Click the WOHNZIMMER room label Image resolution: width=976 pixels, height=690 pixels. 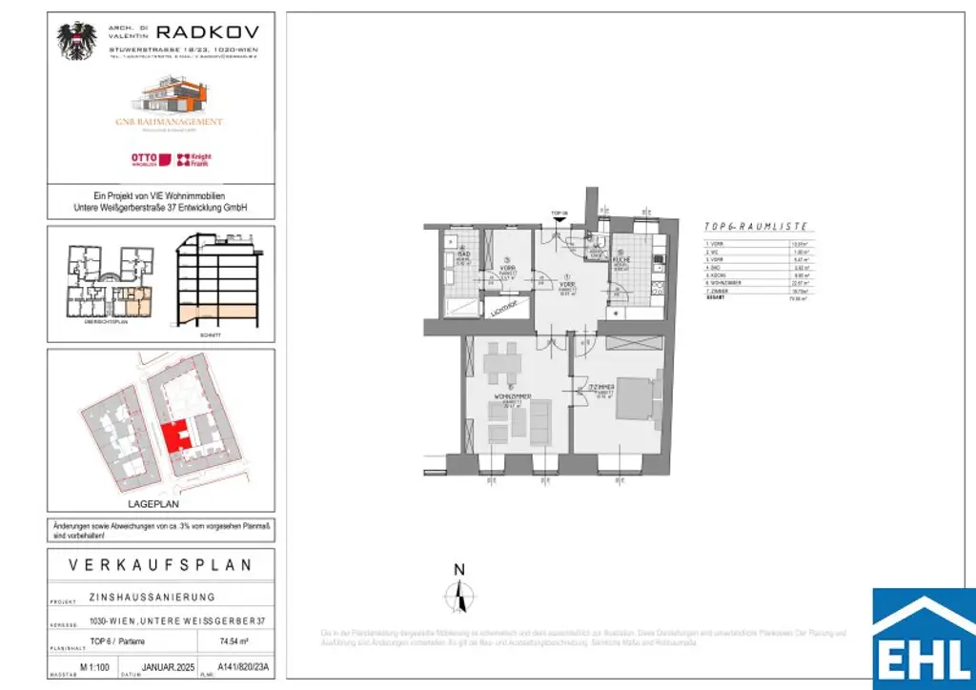pos(513,396)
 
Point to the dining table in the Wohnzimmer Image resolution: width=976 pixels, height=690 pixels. pos(501,363)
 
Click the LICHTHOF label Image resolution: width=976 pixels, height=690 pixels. pos(503,307)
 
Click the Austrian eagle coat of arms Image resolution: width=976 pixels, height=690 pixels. pos(76,42)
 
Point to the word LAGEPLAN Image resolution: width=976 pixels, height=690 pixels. pos(160,503)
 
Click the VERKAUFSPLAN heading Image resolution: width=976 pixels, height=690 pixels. pos(161,565)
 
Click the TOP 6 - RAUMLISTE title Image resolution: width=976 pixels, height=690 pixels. pos(755,227)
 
